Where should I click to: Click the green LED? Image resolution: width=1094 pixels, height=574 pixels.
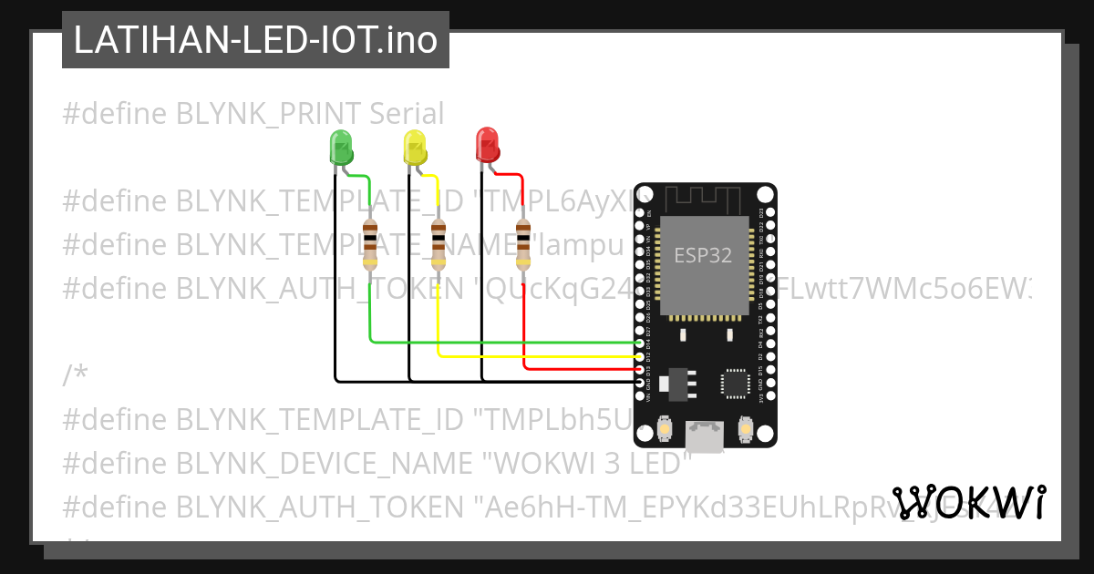[x=340, y=147]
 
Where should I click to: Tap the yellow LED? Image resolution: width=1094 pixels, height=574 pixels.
[x=415, y=147]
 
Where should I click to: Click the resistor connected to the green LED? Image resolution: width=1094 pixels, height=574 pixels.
[x=369, y=244]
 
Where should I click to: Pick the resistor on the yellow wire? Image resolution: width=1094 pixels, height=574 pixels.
[x=439, y=244]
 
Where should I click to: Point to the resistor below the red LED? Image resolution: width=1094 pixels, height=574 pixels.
[x=523, y=244]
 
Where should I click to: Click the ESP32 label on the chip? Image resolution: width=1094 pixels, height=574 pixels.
[x=703, y=256]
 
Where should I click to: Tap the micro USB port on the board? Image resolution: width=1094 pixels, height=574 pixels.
[x=706, y=436]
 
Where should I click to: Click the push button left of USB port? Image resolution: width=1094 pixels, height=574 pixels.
[x=666, y=429]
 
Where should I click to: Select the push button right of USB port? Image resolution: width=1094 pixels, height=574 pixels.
[x=745, y=429]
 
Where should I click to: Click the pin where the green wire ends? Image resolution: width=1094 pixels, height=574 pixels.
[x=640, y=343]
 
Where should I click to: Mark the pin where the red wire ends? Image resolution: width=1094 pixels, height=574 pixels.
[x=640, y=369]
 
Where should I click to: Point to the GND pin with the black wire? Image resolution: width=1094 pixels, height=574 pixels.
[x=640, y=382]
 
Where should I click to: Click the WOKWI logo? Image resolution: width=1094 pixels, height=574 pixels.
[x=969, y=502]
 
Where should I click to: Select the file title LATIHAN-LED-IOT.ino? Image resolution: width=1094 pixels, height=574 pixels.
[x=255, y=40]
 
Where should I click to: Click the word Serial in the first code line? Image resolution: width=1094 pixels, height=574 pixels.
[x=407, y=114]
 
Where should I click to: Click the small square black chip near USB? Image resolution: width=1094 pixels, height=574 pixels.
[x=735, y=384]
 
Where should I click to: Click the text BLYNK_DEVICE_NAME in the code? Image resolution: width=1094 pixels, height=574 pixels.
[x=324, y=463]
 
